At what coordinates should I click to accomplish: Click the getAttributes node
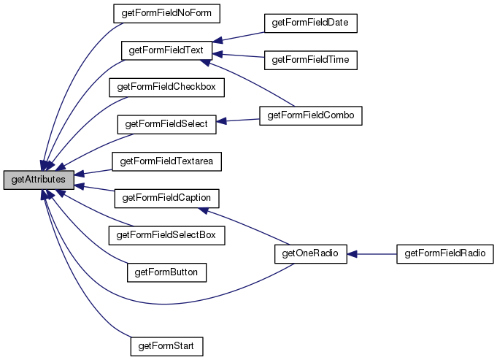pyautogui.click(x=39, y=180)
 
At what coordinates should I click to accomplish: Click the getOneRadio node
pyautogui.click(x=306, y=253)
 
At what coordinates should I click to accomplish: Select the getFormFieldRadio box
pyautogui.click(x=444, y=253)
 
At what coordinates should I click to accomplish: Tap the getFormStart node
pyautogui.click(x=166, y=344)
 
